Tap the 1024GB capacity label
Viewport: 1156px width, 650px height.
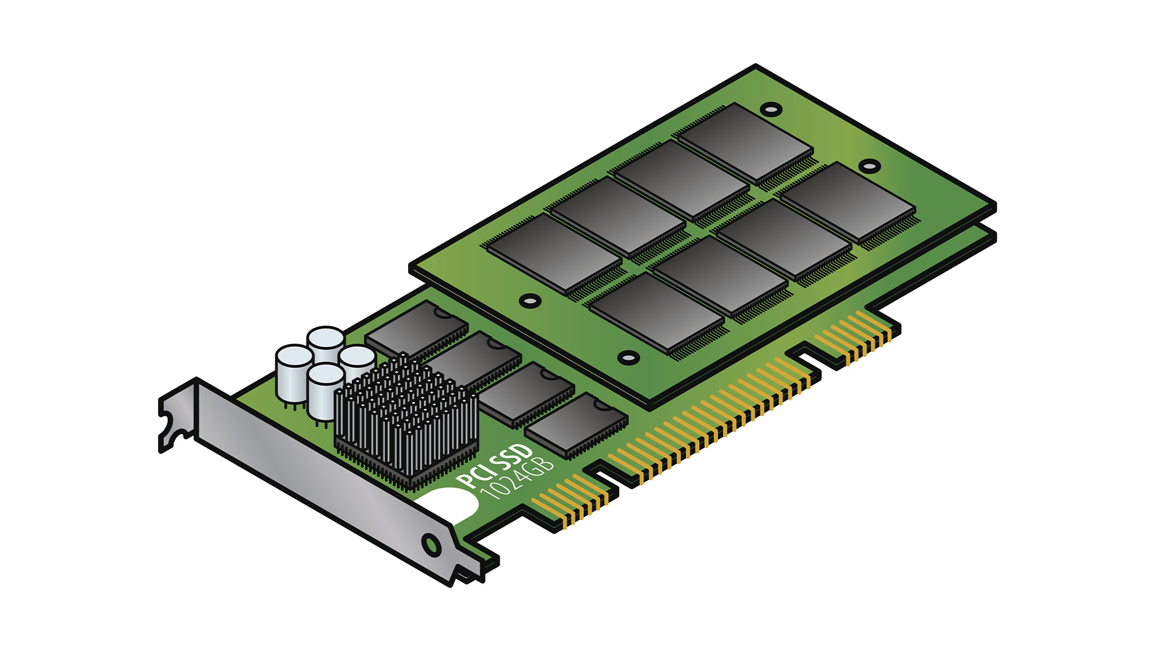pyautogui.click(x=516, y=480)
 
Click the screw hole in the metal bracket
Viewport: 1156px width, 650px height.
pyautogui.click(x=431, y=545)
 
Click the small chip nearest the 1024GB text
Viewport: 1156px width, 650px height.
pyautogui.click(x=576, y=426)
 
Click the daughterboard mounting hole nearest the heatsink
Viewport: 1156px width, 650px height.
pyautogui.click(x=529, y=300)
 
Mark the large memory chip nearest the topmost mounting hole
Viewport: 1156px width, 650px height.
pyautogui.click(x=745, y=141)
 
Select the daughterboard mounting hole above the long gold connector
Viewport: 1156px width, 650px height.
pyautogui.click(x=628, y=357)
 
